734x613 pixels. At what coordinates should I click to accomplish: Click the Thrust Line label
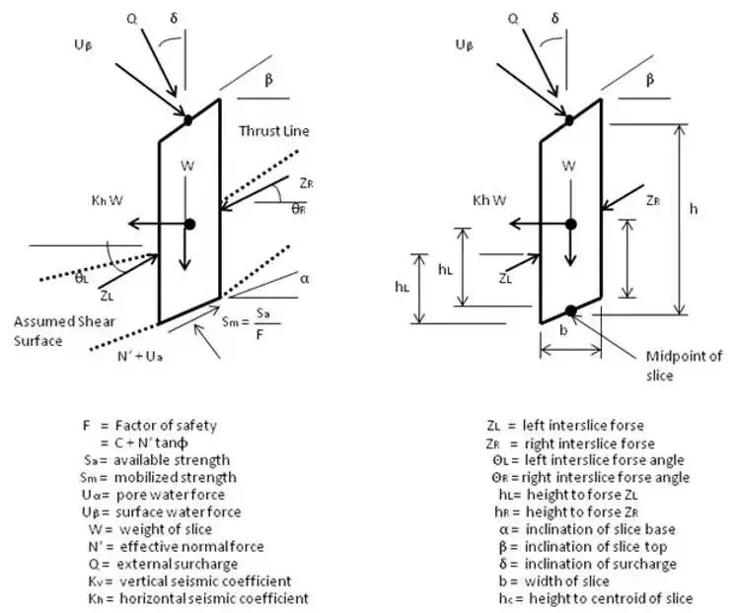274,131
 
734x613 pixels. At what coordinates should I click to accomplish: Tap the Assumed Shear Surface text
64,331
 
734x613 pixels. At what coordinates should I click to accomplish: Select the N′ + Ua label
140,357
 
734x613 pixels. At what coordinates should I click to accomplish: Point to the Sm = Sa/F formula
252,322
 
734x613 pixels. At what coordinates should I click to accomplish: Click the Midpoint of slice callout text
684,366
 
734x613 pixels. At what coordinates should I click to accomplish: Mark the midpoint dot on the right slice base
570,311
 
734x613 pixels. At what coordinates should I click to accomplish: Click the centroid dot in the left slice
189,225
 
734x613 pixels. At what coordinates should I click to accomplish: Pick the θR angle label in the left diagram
299,209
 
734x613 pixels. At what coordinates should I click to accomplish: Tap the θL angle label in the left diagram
82,279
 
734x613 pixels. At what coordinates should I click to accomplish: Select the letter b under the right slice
563,330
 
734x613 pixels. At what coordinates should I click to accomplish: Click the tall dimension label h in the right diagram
694,209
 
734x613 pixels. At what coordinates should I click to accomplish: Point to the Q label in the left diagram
132,19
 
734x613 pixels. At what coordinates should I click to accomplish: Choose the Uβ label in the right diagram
465,45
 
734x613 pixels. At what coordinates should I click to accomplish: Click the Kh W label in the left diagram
108,200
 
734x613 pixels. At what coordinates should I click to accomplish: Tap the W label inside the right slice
568,166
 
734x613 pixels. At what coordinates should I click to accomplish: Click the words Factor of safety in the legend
166,426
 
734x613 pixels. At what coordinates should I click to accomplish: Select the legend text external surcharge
177,564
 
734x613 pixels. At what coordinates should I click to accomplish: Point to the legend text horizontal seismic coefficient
214,598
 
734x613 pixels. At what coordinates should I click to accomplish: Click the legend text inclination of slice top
596,547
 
